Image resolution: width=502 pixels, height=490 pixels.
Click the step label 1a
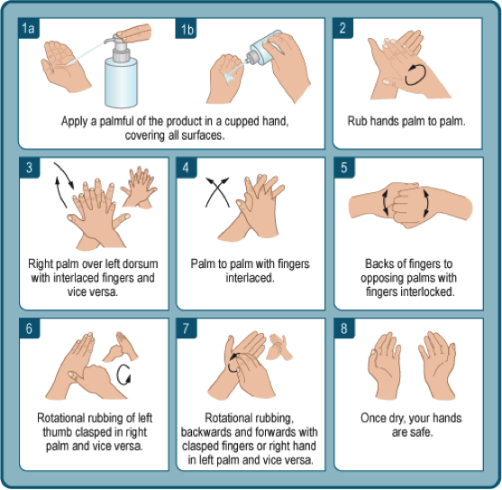pos(29,28)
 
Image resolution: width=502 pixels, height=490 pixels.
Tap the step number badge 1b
pos(186,28)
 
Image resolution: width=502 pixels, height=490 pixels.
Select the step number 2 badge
pos(343,28)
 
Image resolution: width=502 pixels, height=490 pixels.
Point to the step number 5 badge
pos(344,168)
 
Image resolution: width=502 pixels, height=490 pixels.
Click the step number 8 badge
pos(344,328)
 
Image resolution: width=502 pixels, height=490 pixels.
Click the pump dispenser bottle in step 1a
pos(121,73)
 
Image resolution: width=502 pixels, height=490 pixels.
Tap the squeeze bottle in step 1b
pos(264,49)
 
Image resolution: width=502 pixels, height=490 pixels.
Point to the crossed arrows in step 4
pos(217,192)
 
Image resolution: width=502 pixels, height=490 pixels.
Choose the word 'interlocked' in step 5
pos(426,291)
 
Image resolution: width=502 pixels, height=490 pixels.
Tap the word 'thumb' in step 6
pos(58,432)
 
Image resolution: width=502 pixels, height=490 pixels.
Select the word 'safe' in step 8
pos(422,432)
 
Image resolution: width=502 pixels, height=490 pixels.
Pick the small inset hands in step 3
pos(140,187)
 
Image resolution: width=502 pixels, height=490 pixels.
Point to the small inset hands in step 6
pos(121,347)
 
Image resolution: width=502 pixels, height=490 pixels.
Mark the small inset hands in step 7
pos(279,347)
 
